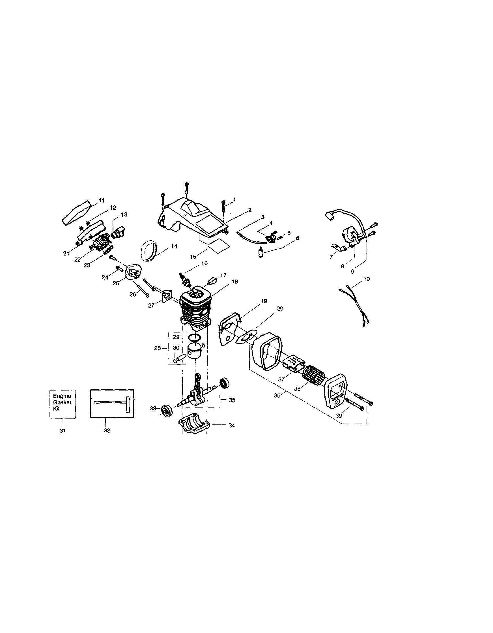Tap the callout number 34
(231, 426)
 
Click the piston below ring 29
(195, 351)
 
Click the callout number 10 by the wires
(366, 279)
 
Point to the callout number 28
(157, 348)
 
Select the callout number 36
(277, 395)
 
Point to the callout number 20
(280, 309)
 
